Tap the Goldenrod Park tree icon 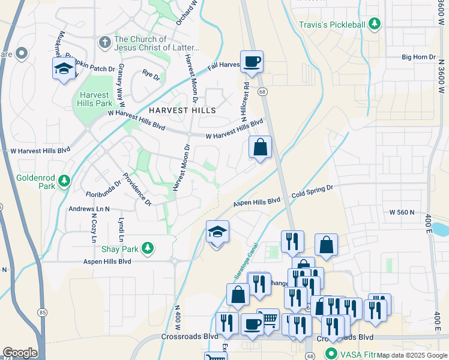pyautogui.click(x=65, y=180)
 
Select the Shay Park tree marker pyautogui.click(x=147, y=248)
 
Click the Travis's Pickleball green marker pyautogui.click(x=375, y=24)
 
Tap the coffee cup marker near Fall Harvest pyautogui.click(x=252, y=61)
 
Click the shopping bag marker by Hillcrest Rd pyautogui.click(x=261, y=147)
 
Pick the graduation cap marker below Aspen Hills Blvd pyautogui.click(x=217, y=232)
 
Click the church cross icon pyautogui.click(x=104, y=42)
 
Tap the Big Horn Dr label pyautogui.click(x=417, y=58)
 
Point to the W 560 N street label pyautogui.click(x=402, y=212)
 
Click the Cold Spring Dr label pyautogui.click(x=312, y=190)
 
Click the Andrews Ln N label pyautogui.click(x=89, y=209)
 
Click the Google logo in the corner pyautogui.click(x=20, y=353)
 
